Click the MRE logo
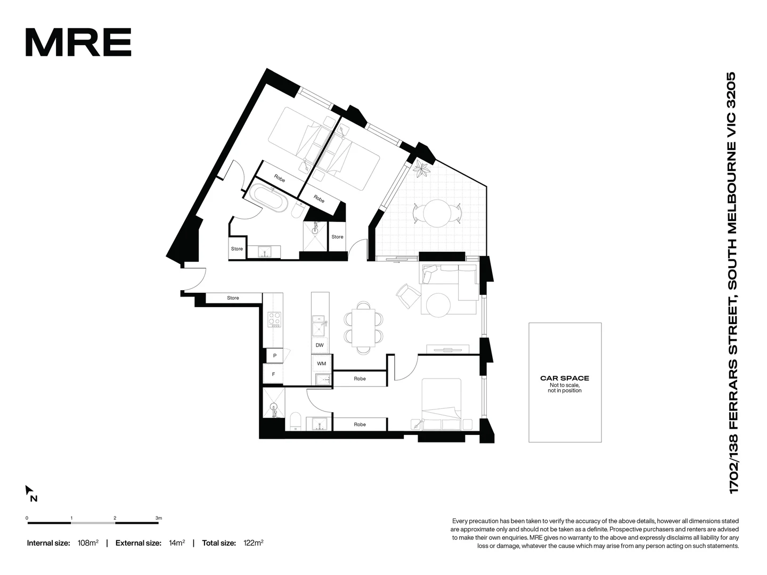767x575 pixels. (78, 43)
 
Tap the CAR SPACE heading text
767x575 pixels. (565, 378)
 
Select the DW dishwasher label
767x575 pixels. (320, 345)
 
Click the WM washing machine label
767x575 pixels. (321, 364)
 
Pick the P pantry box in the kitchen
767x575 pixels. (274, 356)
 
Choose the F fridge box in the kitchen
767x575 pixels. (274, 374)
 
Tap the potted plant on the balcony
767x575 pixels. (423, 170)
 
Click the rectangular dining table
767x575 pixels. (364, 327)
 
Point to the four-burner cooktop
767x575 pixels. (274, 319)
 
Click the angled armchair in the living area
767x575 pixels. (407, 295)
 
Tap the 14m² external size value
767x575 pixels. (177, 543)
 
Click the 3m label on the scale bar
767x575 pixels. (158, 517)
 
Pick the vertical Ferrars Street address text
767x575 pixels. (732, 282)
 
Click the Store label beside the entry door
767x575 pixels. (233, 298)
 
